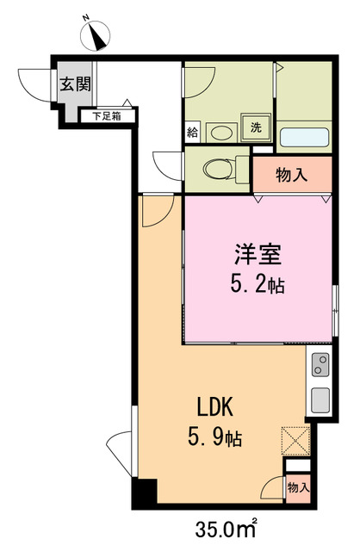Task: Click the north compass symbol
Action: tap(96, 34)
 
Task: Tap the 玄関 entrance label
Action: tap(70, 84)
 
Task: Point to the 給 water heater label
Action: tap(192, 133)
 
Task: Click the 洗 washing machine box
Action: tap(256, 127)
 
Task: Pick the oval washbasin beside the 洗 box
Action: tap(222, 132)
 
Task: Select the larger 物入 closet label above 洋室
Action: tap(291, 175)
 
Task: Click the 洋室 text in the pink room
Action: tap(256, 255)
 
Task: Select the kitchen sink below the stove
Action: tap(319, 401)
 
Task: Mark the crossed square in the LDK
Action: tap(294, 440)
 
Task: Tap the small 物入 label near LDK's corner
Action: tap(297, 488)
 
